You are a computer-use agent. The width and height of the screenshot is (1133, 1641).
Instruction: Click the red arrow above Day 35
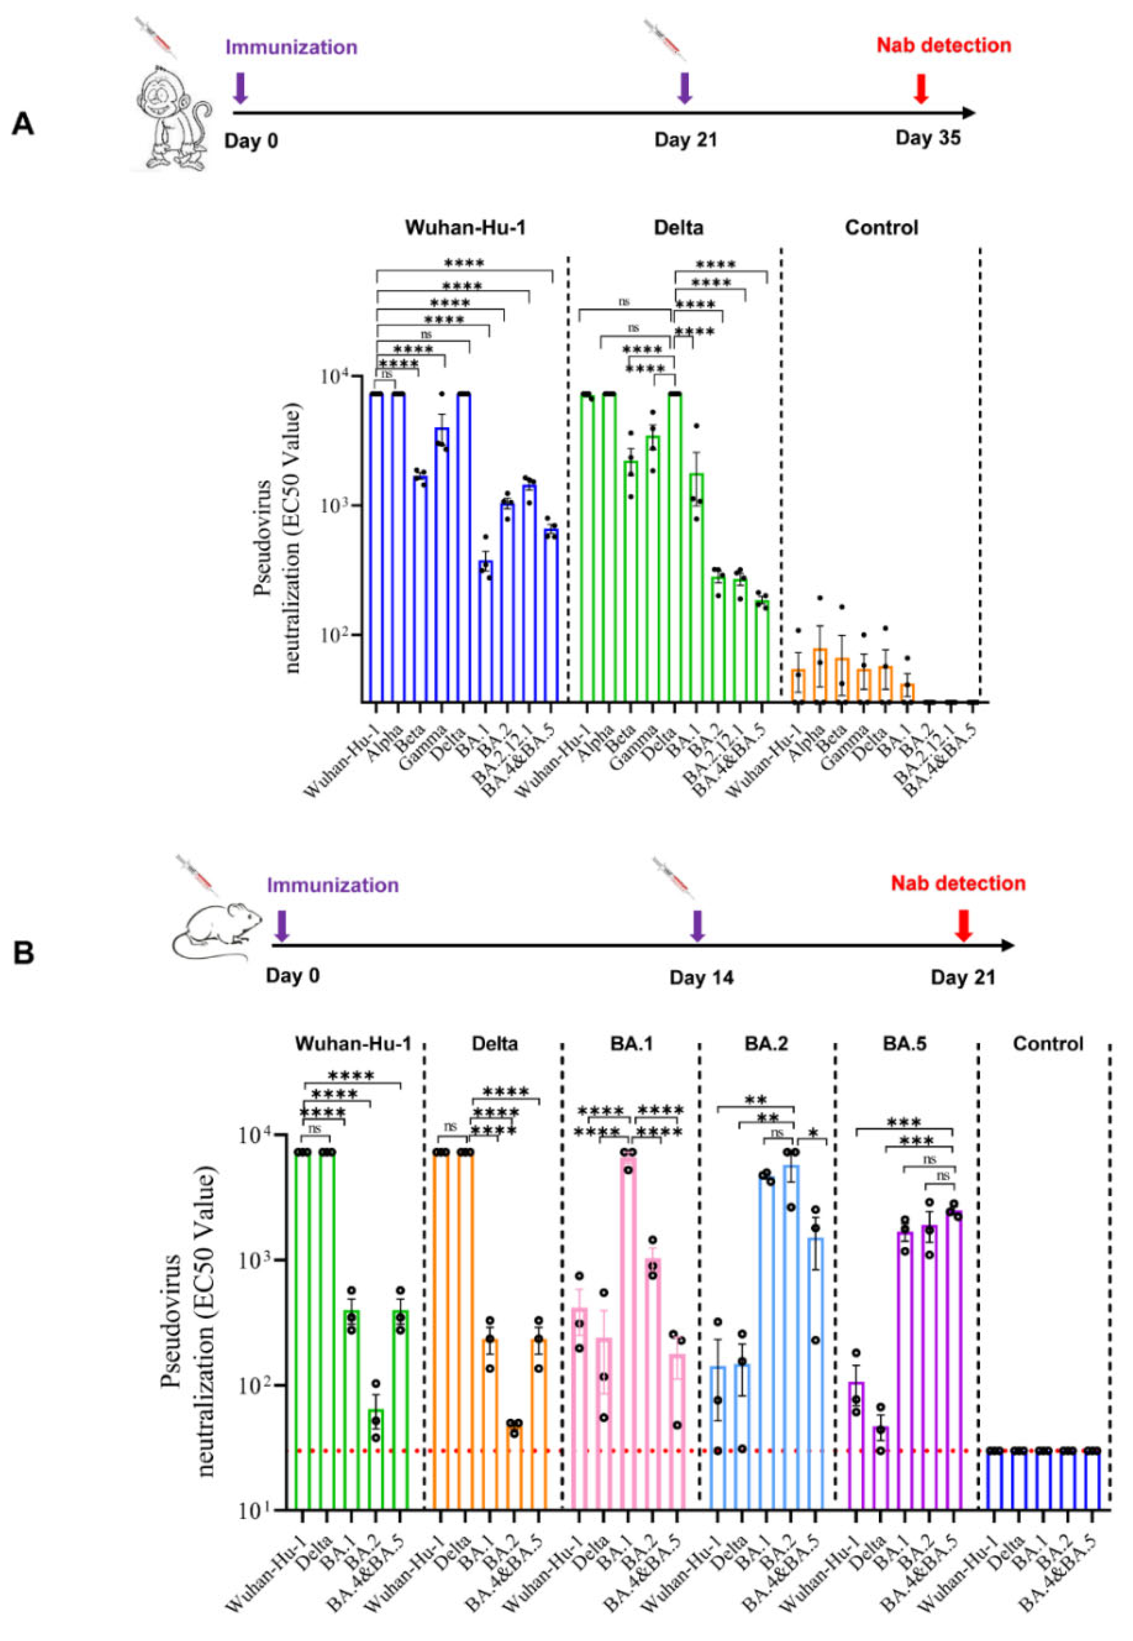921,88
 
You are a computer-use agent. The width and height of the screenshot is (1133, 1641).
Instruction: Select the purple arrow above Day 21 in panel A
684,88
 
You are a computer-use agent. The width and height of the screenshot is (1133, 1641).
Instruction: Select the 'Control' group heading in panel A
881,228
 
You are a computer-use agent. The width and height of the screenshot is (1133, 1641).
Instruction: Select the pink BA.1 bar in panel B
627,1335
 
